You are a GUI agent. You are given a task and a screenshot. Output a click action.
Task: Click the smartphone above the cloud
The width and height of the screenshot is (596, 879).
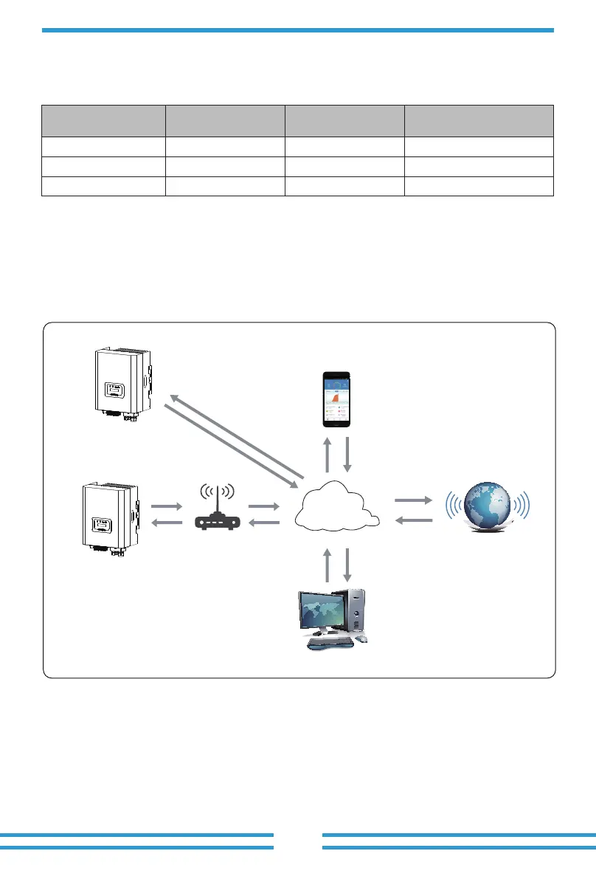(337, 399)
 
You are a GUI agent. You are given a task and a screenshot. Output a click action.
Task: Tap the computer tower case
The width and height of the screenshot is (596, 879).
(355, 612)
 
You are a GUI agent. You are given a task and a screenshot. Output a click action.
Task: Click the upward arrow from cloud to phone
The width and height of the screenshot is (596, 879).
(327, 455)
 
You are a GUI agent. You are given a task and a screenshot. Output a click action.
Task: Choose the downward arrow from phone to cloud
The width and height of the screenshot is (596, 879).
(347, 455)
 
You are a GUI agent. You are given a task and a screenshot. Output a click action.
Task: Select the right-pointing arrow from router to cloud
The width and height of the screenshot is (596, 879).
(264, 506)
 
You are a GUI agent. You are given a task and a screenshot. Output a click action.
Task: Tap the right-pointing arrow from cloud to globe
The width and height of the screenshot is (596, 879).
(413, 500)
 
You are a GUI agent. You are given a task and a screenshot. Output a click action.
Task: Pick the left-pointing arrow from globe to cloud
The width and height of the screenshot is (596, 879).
(413, 521)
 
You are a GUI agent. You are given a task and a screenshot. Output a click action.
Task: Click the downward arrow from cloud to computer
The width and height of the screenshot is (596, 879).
(347, 565)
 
